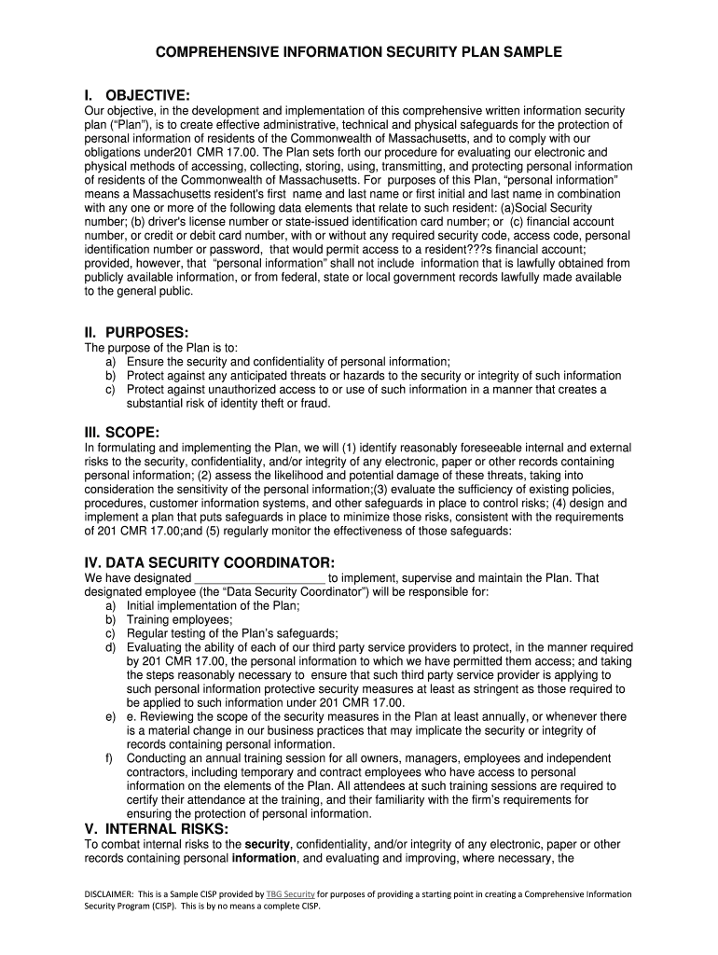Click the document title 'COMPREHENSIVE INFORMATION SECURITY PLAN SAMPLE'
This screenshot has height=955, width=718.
click(359, 52)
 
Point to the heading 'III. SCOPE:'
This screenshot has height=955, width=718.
click(121, 431)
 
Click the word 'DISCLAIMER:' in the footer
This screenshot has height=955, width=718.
click(115, 893)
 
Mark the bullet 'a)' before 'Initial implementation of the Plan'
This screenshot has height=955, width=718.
click(111, 605)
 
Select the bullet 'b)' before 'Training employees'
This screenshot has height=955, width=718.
click(111, 619)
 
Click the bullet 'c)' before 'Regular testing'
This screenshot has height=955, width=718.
click(111, 633)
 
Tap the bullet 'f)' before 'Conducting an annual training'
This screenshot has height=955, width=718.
click(110, 758)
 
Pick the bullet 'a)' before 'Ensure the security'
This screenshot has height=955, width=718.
click(111, 362)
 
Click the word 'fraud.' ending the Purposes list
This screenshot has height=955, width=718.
click(313, 404)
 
